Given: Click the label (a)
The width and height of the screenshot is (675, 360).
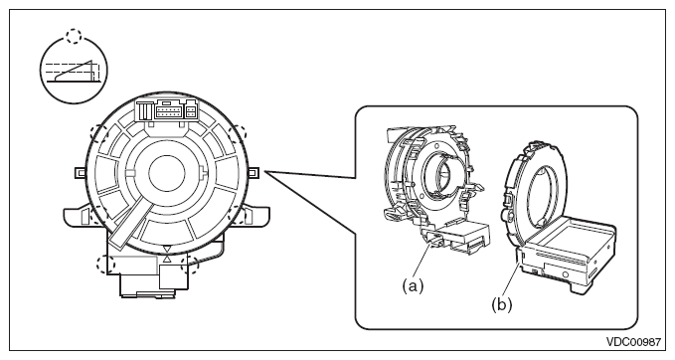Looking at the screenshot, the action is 413,285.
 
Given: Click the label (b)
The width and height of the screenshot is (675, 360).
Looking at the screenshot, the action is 501,305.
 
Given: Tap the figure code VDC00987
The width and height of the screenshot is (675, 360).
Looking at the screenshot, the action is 633,342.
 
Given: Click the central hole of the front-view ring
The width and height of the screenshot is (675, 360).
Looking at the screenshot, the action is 167,174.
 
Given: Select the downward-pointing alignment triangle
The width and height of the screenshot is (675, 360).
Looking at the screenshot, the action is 167,250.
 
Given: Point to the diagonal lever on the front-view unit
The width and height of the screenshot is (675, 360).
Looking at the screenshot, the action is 130,226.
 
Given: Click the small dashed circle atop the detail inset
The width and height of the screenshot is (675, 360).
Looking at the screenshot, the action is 74,36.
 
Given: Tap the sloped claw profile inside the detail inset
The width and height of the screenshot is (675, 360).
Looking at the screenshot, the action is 76,71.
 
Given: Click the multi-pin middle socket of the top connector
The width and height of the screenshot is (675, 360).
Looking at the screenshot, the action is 169,111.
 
